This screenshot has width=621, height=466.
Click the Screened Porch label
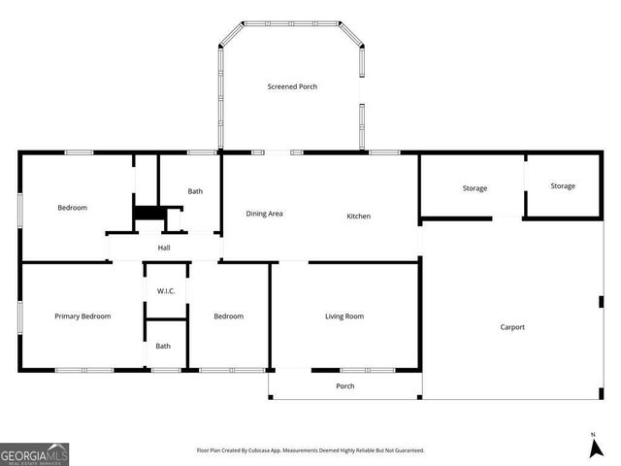292,86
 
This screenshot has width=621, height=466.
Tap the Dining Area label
264,214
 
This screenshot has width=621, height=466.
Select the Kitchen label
359,216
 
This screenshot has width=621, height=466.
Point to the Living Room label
343,316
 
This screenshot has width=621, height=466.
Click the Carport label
512,327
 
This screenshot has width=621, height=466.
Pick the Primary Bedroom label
82,316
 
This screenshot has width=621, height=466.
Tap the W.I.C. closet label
166,291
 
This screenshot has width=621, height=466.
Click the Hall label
165,248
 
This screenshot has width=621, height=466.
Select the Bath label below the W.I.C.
163,346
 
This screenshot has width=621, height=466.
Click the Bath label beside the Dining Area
195,191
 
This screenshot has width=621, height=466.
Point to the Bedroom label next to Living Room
228,316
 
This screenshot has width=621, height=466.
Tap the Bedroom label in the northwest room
72,208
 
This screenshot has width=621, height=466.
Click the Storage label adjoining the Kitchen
474,188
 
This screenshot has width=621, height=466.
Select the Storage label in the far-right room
563,185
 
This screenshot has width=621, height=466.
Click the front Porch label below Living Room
344,386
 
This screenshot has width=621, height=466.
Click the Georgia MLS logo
34,453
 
